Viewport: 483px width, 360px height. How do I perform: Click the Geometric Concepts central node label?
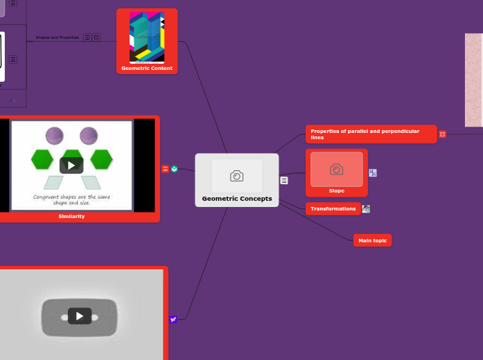point(237,199)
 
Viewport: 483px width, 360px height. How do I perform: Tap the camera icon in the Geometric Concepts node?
point(237,176)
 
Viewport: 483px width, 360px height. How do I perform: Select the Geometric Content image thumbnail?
point(147,37)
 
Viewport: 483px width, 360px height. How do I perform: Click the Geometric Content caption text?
point(147,68)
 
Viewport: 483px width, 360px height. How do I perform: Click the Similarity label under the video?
point(71,216)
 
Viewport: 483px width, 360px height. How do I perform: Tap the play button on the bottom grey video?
point(80,316)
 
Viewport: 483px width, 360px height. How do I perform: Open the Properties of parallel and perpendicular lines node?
point(371,134)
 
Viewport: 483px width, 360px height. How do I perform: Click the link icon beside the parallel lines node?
point(443,134)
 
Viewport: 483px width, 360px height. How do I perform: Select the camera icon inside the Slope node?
point(337,170)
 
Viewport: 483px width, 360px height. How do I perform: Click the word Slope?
point(337,190)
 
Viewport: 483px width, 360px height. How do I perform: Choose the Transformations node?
point(333,208)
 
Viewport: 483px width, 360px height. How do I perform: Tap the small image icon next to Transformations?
point(366,208)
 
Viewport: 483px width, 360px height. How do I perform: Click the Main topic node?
point(372,240)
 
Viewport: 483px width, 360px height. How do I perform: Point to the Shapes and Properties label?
point(57,37)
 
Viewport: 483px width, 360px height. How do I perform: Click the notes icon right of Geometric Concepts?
point(284,180)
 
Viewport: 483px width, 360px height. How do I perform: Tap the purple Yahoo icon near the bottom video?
point(173,319)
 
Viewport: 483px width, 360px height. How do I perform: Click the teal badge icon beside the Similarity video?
point(175,168)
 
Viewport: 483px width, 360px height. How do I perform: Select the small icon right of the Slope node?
point(373,172)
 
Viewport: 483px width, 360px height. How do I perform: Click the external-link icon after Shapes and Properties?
point(96,37)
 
